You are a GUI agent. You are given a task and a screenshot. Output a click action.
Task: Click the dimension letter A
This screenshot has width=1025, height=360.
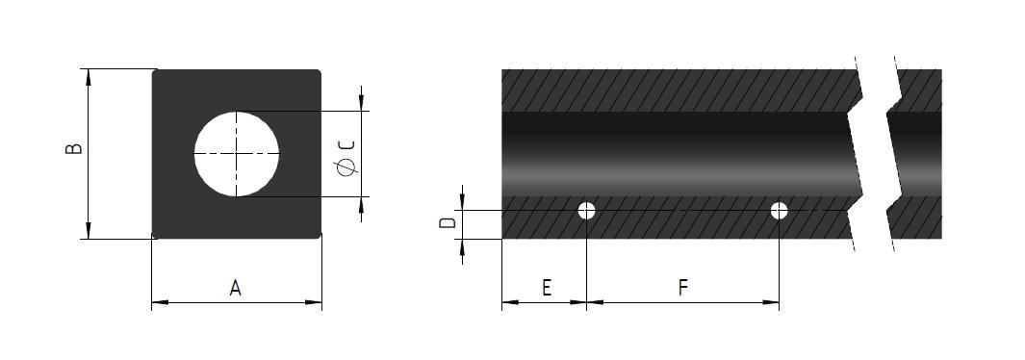[235, 287]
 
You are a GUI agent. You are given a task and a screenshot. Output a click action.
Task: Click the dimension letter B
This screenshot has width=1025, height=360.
[73, 149]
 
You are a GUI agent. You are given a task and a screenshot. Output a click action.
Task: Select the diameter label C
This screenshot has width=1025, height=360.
[347, 143]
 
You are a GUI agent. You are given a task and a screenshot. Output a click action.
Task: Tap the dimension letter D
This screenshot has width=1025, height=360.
[447, 222]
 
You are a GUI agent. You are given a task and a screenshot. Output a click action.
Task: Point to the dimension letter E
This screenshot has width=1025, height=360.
[546, 287]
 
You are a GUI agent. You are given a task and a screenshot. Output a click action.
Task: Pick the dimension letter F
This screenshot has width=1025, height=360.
[683, 287]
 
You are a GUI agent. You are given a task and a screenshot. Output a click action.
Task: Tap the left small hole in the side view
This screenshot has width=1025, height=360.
[587, 211]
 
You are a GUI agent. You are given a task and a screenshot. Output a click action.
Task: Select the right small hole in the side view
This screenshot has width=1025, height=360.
[779, 211]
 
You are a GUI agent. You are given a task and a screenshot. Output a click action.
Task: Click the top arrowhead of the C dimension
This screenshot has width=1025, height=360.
[361, 103]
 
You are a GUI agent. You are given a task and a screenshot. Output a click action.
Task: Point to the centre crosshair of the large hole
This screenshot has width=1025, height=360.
[237, 154]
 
